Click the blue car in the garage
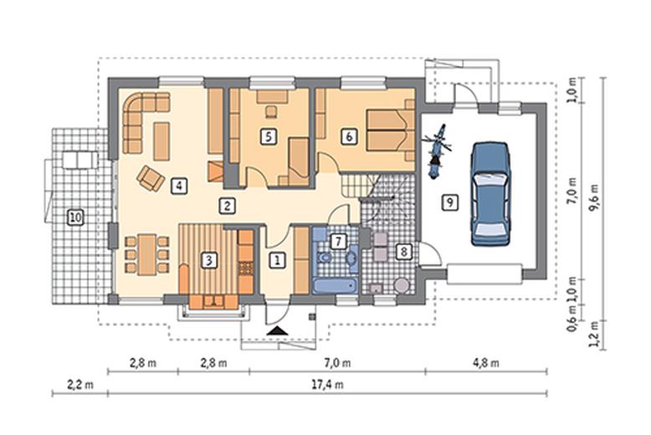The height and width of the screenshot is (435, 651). coord(490,194)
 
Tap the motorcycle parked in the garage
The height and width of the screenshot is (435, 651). coord(436,151)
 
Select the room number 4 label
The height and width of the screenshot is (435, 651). coord(179,186)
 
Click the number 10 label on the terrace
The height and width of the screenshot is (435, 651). coord(75,217)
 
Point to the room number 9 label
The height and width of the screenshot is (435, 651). coord(450,202)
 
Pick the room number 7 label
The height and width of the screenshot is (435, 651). coord(338,241)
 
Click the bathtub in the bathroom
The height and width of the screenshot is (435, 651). coord(335,286)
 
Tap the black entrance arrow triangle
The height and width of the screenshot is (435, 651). coord(278,330)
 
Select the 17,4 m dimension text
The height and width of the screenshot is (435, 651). coord(327,384)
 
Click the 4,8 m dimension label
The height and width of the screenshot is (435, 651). coord(486,363)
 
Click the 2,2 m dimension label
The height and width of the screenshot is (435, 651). coord(80,384)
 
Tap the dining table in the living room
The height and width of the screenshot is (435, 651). coord(147,255)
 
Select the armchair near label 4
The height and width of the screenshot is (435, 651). coord(151,178)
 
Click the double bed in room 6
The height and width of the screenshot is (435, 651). coord(390,130)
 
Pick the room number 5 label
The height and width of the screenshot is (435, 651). coord(269,136)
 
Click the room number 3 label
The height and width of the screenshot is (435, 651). coord(209,260)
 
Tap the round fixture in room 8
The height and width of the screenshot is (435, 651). coord(402,285)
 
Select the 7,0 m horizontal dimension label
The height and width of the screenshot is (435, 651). coord(336,363)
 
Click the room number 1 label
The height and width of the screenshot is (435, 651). coord(277,260)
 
